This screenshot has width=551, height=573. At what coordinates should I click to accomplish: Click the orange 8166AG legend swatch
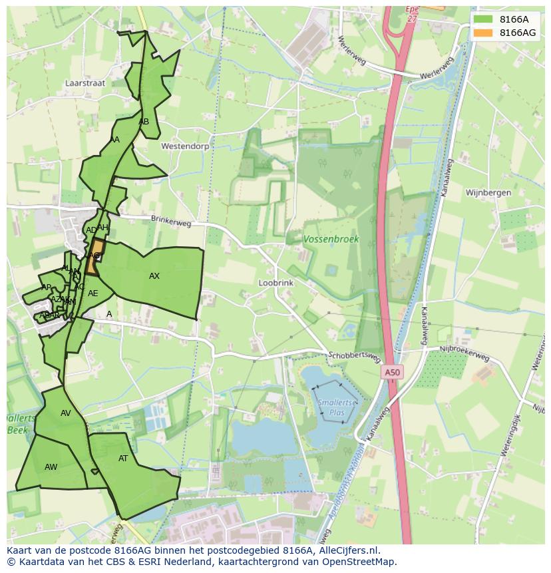point(483,33)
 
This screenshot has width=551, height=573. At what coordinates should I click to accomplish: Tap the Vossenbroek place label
point(331,239)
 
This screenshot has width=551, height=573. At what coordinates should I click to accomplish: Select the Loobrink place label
point(275,283)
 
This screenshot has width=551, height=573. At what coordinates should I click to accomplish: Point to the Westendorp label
point(185,146)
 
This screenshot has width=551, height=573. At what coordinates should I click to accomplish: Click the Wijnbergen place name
point(488,193)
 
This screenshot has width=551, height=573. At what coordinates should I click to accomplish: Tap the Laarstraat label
point(85,84)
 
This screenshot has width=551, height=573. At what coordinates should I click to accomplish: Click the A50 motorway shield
point(392,373)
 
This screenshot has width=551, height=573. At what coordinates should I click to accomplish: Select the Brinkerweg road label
point(170,221)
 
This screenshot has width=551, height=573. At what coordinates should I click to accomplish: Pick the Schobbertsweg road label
point(354,357)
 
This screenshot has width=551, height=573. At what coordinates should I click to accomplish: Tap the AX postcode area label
point(154,276)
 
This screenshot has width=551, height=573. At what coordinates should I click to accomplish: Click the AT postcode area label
point(123,459)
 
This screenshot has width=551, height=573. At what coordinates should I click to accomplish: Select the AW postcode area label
point(51,467)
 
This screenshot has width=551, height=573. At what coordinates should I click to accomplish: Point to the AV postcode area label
point(65,413)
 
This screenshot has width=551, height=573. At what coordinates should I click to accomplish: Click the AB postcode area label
point(144,122)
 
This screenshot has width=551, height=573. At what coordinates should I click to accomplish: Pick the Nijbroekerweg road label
point(464,353)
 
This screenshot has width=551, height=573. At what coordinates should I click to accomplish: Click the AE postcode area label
point(93,293)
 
